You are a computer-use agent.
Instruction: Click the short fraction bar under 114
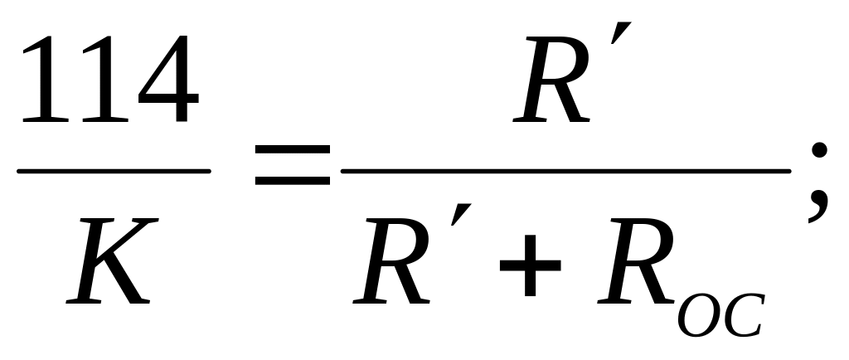point(114,172)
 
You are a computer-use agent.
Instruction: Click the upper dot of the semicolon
point(820,150)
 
